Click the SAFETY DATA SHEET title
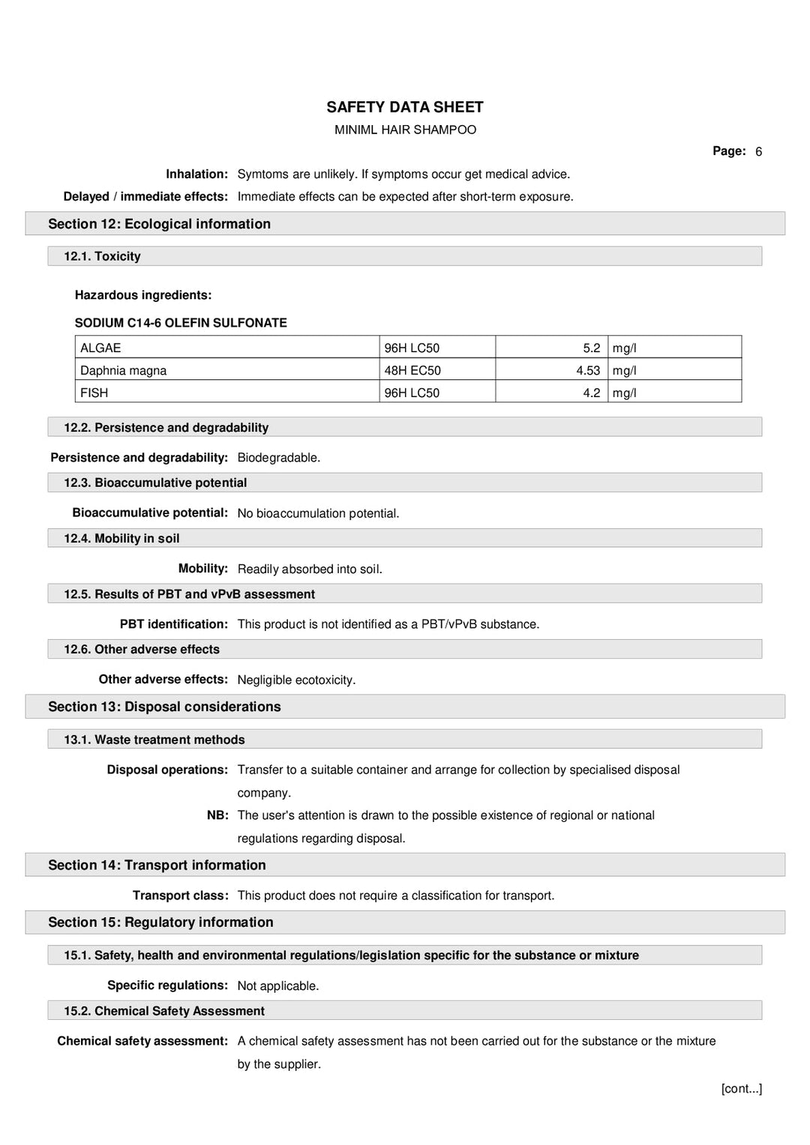404,107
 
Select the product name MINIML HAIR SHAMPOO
405,130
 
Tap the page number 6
758,151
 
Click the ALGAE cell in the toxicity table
100,348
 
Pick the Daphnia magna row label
123,370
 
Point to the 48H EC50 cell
412,370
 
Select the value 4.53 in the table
588,370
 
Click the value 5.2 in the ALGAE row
592,348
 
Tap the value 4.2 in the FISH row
592,393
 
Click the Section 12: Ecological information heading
159,224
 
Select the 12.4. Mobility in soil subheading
121,538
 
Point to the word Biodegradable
278,458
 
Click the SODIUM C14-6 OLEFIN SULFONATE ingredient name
181,323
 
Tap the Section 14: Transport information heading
157,865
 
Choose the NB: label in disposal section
217,815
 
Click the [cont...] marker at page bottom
741,1088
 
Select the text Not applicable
277,986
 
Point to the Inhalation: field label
196,174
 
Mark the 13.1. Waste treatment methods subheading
154,740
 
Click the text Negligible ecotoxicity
296,680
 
